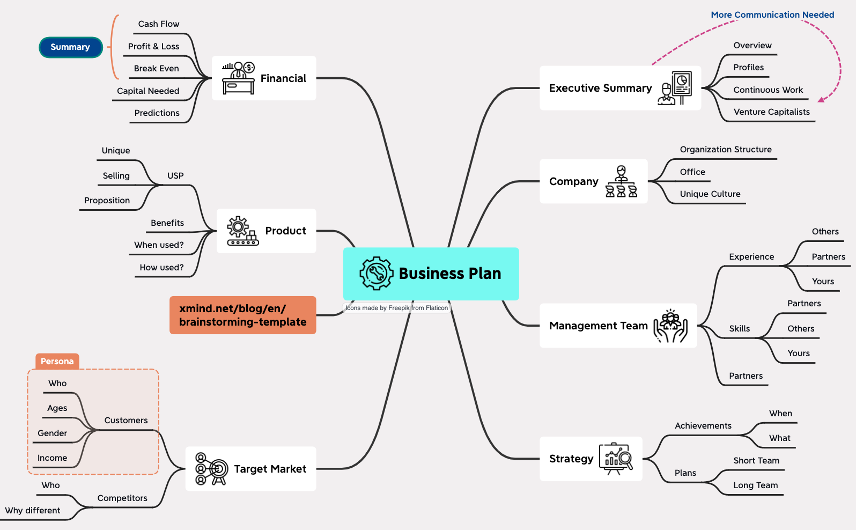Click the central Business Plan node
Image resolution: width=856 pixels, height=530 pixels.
pos(431,274)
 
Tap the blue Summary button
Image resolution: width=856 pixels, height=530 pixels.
pos(70,47)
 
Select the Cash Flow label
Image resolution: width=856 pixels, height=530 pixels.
pos(159,24)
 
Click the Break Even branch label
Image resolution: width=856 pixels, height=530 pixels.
pos(157,69)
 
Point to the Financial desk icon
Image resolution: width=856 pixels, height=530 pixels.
pos(238,78)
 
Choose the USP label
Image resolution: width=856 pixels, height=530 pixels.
pos(175,176)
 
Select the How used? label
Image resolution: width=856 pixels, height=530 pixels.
pos(161,268)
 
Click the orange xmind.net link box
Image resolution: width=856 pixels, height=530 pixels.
pos(242,315)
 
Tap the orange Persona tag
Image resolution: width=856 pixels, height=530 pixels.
pos(57,362)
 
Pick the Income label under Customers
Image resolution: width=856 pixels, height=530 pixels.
pos(53,458)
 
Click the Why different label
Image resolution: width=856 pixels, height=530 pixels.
pos(33,511)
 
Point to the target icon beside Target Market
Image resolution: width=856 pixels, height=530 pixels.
pos(211,469)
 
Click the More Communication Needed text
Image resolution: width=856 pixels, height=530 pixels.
pos(772,15)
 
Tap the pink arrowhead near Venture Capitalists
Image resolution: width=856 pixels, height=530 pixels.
pos(821,99)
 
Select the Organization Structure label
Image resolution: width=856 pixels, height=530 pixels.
pos(726,150)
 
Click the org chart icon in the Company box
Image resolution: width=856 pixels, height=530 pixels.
pos(621,182)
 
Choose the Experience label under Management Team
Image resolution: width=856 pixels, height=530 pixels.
pos(751,257)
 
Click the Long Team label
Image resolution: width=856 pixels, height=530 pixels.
pos(755,485)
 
